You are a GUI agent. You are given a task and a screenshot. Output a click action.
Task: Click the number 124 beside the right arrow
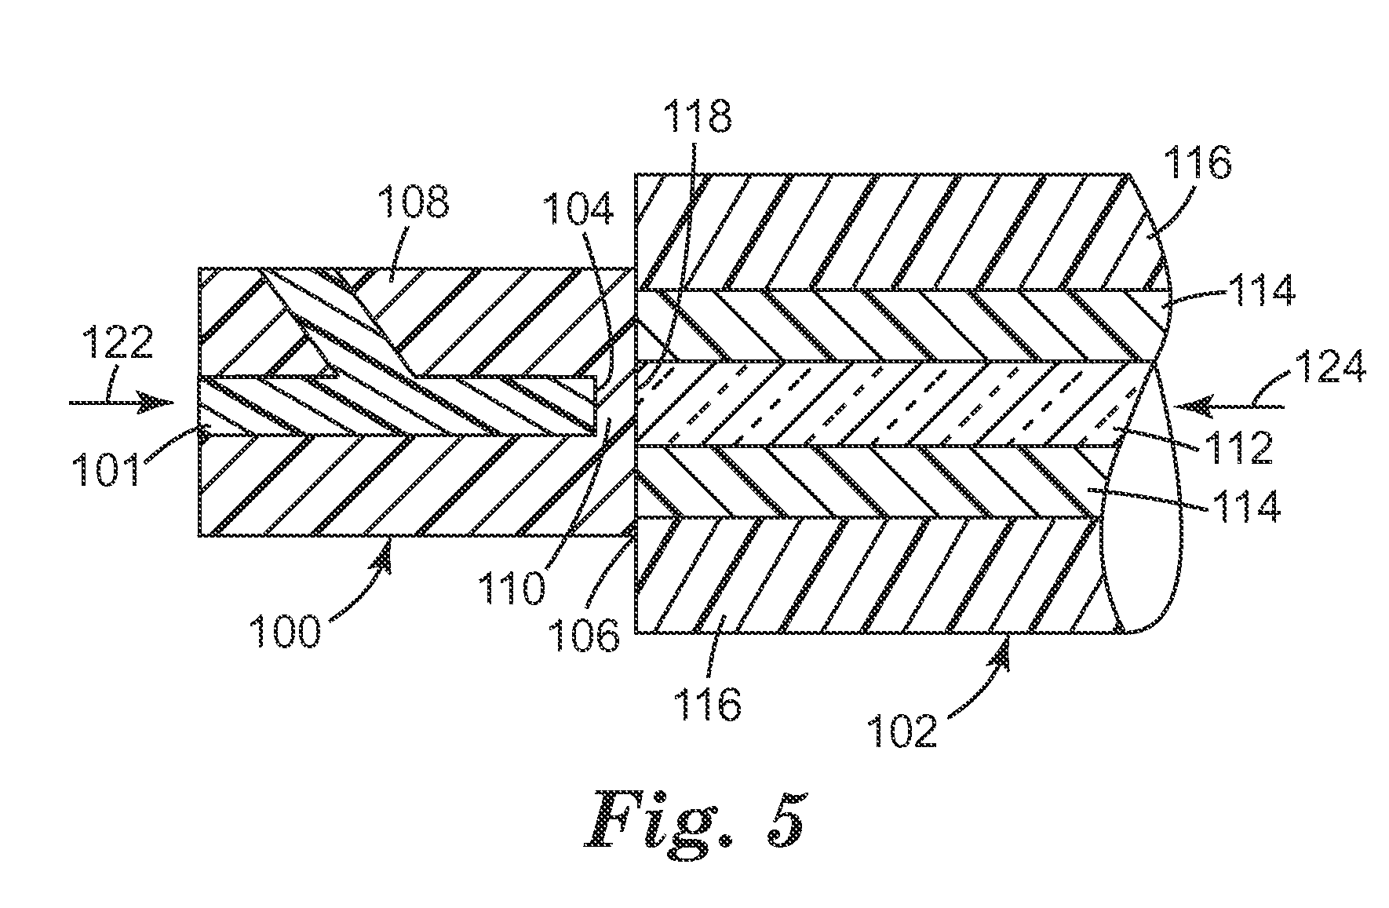[1330, 366]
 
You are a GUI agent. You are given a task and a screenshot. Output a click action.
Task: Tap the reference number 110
[511, 586]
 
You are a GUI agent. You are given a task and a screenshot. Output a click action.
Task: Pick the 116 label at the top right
[1198, 164]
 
